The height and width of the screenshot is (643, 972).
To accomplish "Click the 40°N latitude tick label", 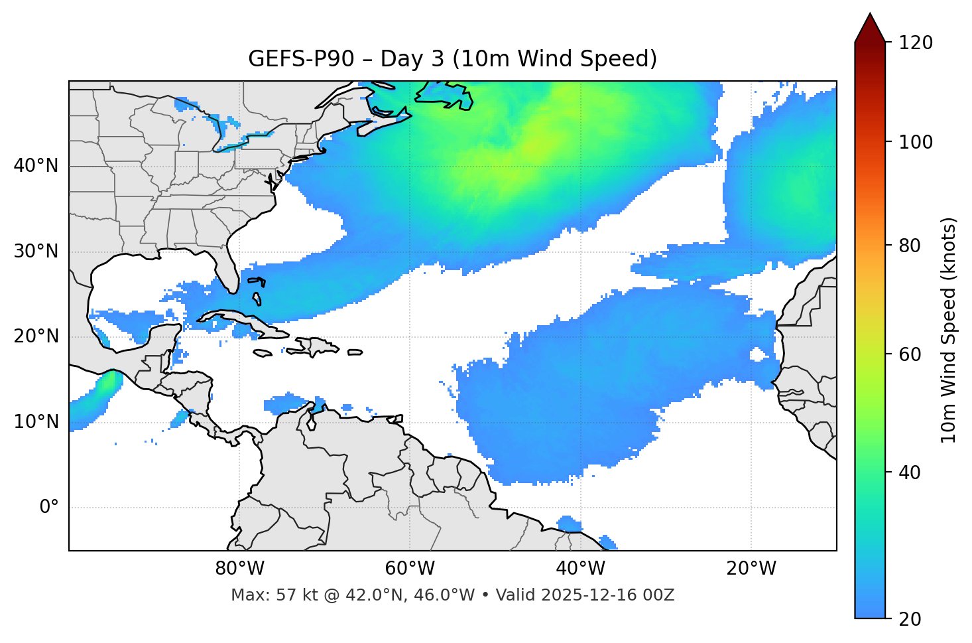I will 36,166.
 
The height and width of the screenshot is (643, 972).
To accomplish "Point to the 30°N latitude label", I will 36,251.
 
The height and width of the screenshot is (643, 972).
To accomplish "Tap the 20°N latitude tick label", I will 36,336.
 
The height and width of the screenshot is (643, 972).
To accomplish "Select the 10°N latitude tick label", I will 36,422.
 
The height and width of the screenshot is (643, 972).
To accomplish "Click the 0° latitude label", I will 49,508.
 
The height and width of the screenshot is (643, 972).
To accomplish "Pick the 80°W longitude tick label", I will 239,569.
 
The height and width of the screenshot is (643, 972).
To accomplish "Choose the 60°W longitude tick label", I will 410,569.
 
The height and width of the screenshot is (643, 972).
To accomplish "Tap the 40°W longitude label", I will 580,569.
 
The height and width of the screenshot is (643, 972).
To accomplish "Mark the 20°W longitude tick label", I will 751,569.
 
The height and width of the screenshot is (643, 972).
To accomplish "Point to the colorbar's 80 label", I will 908,246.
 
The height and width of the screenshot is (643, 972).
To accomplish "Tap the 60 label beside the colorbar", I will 908,354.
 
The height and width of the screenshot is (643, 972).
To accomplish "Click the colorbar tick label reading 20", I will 908,619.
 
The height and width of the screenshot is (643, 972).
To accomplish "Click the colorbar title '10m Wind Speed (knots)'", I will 949,330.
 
